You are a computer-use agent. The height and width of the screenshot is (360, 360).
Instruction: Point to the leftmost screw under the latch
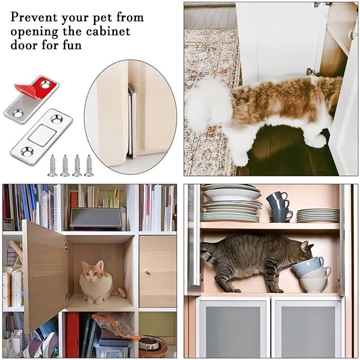click(53, 165)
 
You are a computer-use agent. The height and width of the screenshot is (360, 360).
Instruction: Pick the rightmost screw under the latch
click(89, 165)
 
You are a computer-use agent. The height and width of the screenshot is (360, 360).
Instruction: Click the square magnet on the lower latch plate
click(42, 135)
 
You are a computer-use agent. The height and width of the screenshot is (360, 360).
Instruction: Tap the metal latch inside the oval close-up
click(131, 121)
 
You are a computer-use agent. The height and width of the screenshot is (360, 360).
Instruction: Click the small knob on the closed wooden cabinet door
click(146, 272)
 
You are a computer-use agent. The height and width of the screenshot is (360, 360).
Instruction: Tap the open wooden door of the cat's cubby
click(44, 274)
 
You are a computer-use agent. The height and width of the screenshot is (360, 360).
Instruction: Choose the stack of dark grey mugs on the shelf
click(279, 207)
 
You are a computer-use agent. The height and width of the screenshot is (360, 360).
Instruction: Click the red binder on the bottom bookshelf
click(72, 335)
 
